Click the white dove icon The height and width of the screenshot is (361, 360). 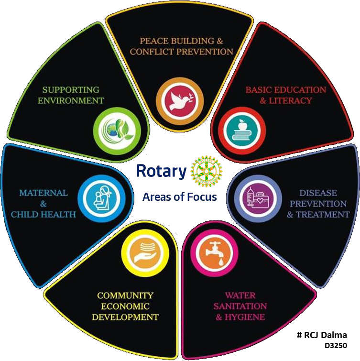pos(181,101)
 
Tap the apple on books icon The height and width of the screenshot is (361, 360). pos(241,130)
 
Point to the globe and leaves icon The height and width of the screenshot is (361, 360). pos(118,131)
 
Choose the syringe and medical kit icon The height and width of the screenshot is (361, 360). pos(258,198)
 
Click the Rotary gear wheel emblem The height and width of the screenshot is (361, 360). pos(207,171)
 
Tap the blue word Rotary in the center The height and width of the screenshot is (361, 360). pos(162,171)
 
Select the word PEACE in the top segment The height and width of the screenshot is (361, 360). pos(154,41)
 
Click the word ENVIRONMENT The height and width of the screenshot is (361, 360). pos(71,100)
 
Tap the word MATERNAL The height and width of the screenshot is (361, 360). pos(44,193)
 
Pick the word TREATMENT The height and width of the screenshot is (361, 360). pos(323,214)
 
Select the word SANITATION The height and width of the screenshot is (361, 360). pos(240,306)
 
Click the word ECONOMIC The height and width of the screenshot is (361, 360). pos(125,306)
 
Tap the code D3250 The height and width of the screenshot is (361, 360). pos(336,346)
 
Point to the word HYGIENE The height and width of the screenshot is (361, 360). pos(245,317)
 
